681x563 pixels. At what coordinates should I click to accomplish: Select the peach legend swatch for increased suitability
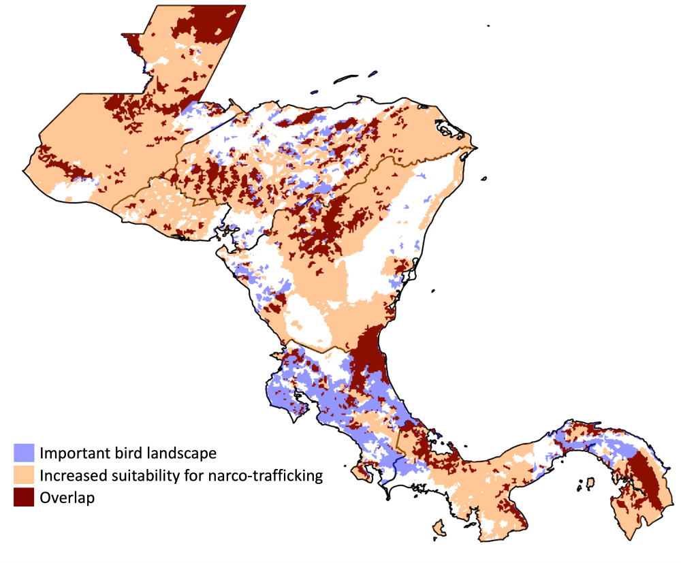(x=24, y=475)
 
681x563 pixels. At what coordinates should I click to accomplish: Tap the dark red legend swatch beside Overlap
(x=24, y=498)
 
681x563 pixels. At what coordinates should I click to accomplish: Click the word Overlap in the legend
(x=67, y=498)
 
